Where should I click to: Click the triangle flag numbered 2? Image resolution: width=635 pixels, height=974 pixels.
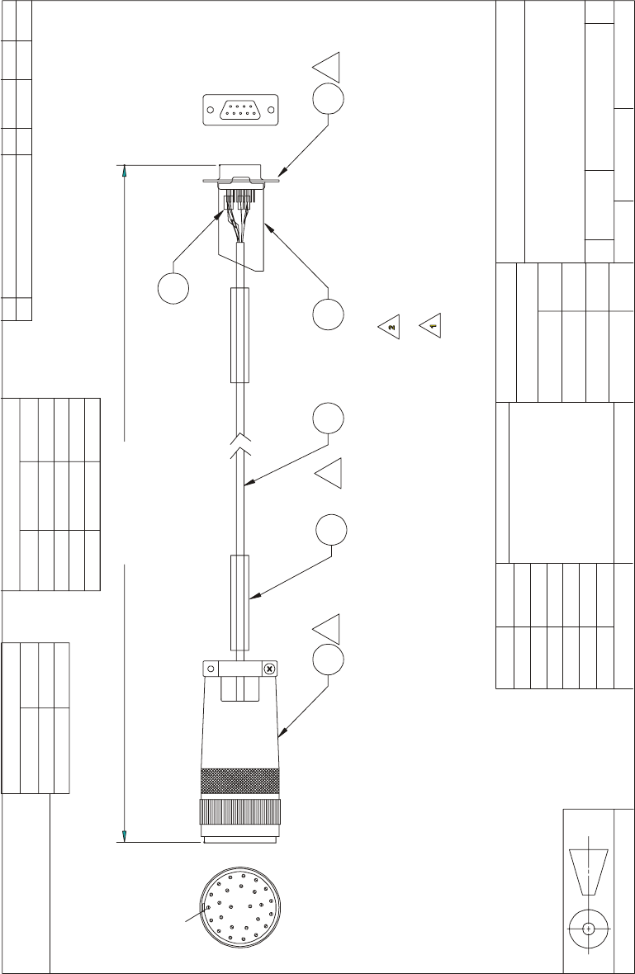pos(391,325)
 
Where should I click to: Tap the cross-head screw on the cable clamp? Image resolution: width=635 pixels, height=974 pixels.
pos(269,669)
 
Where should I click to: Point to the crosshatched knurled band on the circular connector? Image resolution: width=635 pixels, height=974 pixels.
pos(239,781)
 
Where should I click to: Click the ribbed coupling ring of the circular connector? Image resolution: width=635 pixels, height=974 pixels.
pos(239,812)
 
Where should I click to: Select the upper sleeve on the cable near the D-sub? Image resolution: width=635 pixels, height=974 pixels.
pos(239,335)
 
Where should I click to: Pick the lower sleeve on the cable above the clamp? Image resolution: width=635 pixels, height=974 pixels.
pos(239,603)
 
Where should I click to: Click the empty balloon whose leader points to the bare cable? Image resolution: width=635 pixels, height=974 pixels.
pos(328,418)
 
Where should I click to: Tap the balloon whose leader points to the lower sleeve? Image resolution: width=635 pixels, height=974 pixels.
pos(331,530)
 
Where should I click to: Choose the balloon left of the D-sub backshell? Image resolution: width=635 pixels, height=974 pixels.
pos(173,288)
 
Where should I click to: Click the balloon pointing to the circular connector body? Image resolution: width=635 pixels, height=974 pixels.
pos(328,659)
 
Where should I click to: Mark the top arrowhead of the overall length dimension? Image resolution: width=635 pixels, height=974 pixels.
pos(125,170)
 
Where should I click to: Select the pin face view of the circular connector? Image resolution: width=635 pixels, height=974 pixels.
pos(239,907)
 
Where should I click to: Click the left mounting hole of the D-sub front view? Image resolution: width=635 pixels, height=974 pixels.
pos(210,110)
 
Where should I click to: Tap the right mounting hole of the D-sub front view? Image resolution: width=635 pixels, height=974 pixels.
pos(271,110)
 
